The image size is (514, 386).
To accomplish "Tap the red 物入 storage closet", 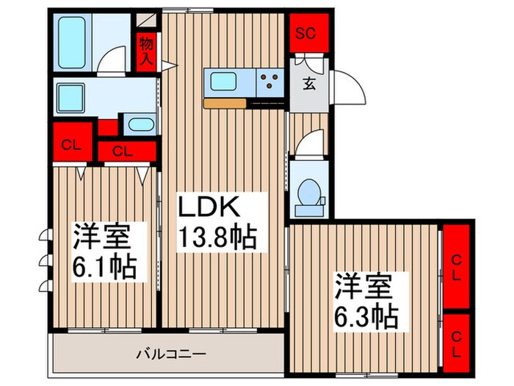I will [146, 52].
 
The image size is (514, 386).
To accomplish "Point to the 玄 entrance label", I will [309, 82].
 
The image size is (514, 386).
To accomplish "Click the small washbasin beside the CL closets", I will [139, 124].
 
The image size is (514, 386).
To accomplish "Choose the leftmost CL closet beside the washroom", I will [72, 143].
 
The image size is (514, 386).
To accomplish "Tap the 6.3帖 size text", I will [366, 316].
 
